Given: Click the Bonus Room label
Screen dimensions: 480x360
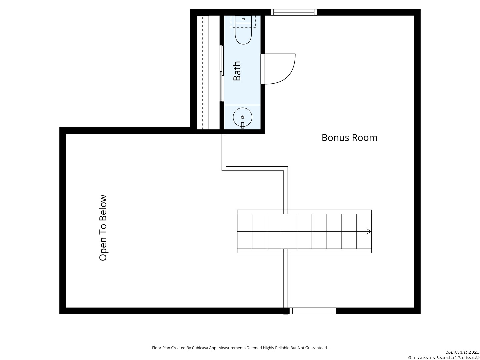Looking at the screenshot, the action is coord(349,138).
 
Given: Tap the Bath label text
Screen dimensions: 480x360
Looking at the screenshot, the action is coord(237,71).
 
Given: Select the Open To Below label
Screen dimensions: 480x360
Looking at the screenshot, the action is coord(103,228).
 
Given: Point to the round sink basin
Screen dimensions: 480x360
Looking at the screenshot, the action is coord(242,117).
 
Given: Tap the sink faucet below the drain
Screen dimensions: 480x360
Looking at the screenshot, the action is coord(242,125).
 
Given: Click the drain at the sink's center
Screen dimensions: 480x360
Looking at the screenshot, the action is coord(243,117).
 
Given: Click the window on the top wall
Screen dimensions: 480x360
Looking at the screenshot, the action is coord(294,12).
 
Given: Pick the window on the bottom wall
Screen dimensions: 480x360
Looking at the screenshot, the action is coord(313,311).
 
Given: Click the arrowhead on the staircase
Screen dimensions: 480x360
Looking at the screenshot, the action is coord(369,231).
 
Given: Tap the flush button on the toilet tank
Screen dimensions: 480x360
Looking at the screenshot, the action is coord(243,19).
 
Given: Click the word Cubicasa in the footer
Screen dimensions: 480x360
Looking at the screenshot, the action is coord(200,348).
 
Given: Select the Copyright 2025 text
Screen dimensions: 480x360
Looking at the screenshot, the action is coord(462,352).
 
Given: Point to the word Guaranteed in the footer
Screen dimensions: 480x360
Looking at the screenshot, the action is coord(317,348).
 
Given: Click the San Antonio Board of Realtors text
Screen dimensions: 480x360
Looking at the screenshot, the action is coord(443,357).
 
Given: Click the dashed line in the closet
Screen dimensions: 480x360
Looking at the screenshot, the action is coord(202,72).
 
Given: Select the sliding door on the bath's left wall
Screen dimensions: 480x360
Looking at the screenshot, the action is coord(222,73).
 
